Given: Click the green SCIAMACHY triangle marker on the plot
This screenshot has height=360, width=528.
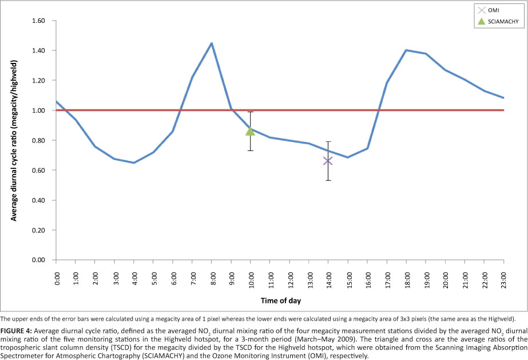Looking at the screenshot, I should click(x=250, y=130).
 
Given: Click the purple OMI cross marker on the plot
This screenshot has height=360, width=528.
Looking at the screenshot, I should click(x=328, y=161).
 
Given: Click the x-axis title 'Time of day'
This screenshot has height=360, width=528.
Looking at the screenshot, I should click(x=280, y=300).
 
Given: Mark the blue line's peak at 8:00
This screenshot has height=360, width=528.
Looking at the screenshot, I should click(x=212, y=43).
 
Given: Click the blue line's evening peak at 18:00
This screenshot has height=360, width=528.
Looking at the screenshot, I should click(x=406, y=50).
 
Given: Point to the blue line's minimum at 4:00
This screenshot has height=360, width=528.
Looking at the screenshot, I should click(x=134, y=163).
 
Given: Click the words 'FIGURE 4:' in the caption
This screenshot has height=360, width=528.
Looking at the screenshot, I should click(x=17, y=331).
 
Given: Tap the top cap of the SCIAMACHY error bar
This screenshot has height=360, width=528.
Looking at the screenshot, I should click(x=250, y=112).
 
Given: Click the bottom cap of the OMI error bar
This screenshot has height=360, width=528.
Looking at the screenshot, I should click(x=328, y=180).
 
